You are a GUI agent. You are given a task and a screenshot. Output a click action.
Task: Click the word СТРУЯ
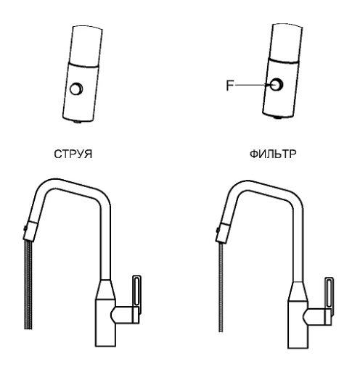(73, 154)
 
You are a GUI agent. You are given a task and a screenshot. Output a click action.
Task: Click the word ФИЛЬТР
(273, 154)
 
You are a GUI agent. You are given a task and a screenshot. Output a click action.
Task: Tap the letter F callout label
(230, 86)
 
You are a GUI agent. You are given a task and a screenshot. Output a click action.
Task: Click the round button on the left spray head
(76, 88)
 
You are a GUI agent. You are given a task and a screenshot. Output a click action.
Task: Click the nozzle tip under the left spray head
(78, 122)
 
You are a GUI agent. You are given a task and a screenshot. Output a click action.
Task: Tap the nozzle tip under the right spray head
(279, 117)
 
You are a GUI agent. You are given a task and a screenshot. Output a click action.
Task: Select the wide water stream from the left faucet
(28, 284)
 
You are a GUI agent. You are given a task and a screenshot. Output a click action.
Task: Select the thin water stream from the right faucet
(221, 287)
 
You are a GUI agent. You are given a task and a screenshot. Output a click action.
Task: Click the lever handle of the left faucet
(136, 292)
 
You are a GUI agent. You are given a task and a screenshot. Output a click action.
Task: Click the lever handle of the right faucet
(329, 295)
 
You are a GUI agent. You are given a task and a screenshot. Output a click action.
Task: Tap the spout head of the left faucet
(30, 231)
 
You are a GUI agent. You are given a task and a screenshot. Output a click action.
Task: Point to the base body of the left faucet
(105, 323)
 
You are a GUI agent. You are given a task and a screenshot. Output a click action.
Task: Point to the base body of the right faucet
(298, 325)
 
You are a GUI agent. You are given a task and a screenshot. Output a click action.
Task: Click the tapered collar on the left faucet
(105, 289)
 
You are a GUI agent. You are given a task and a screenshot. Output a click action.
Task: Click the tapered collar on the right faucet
(298, 292)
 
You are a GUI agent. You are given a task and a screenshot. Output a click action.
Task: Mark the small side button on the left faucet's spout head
(25, 228)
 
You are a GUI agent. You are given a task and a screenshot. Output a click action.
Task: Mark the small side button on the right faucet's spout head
(218, 230)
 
